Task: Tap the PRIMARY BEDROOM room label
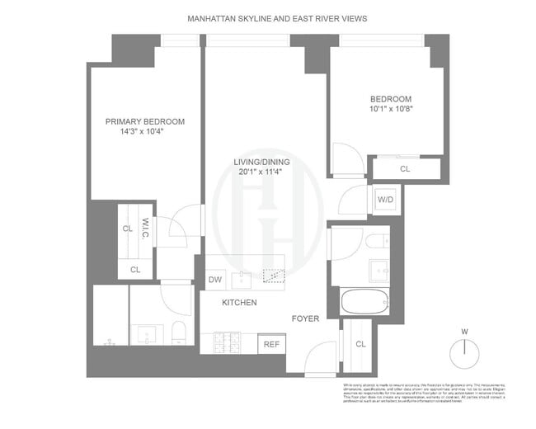point(145,121)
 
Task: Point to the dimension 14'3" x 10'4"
point(145,132)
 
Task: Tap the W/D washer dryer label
point(384,200)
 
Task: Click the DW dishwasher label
point(214,280)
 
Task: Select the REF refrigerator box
point(270,344)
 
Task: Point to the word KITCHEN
point(239,303)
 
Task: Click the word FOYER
point(308,317)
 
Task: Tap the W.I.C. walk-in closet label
point(145,226)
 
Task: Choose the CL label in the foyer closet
point(360,343)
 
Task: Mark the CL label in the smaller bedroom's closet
point(405,169)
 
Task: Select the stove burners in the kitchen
point(228,341)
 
